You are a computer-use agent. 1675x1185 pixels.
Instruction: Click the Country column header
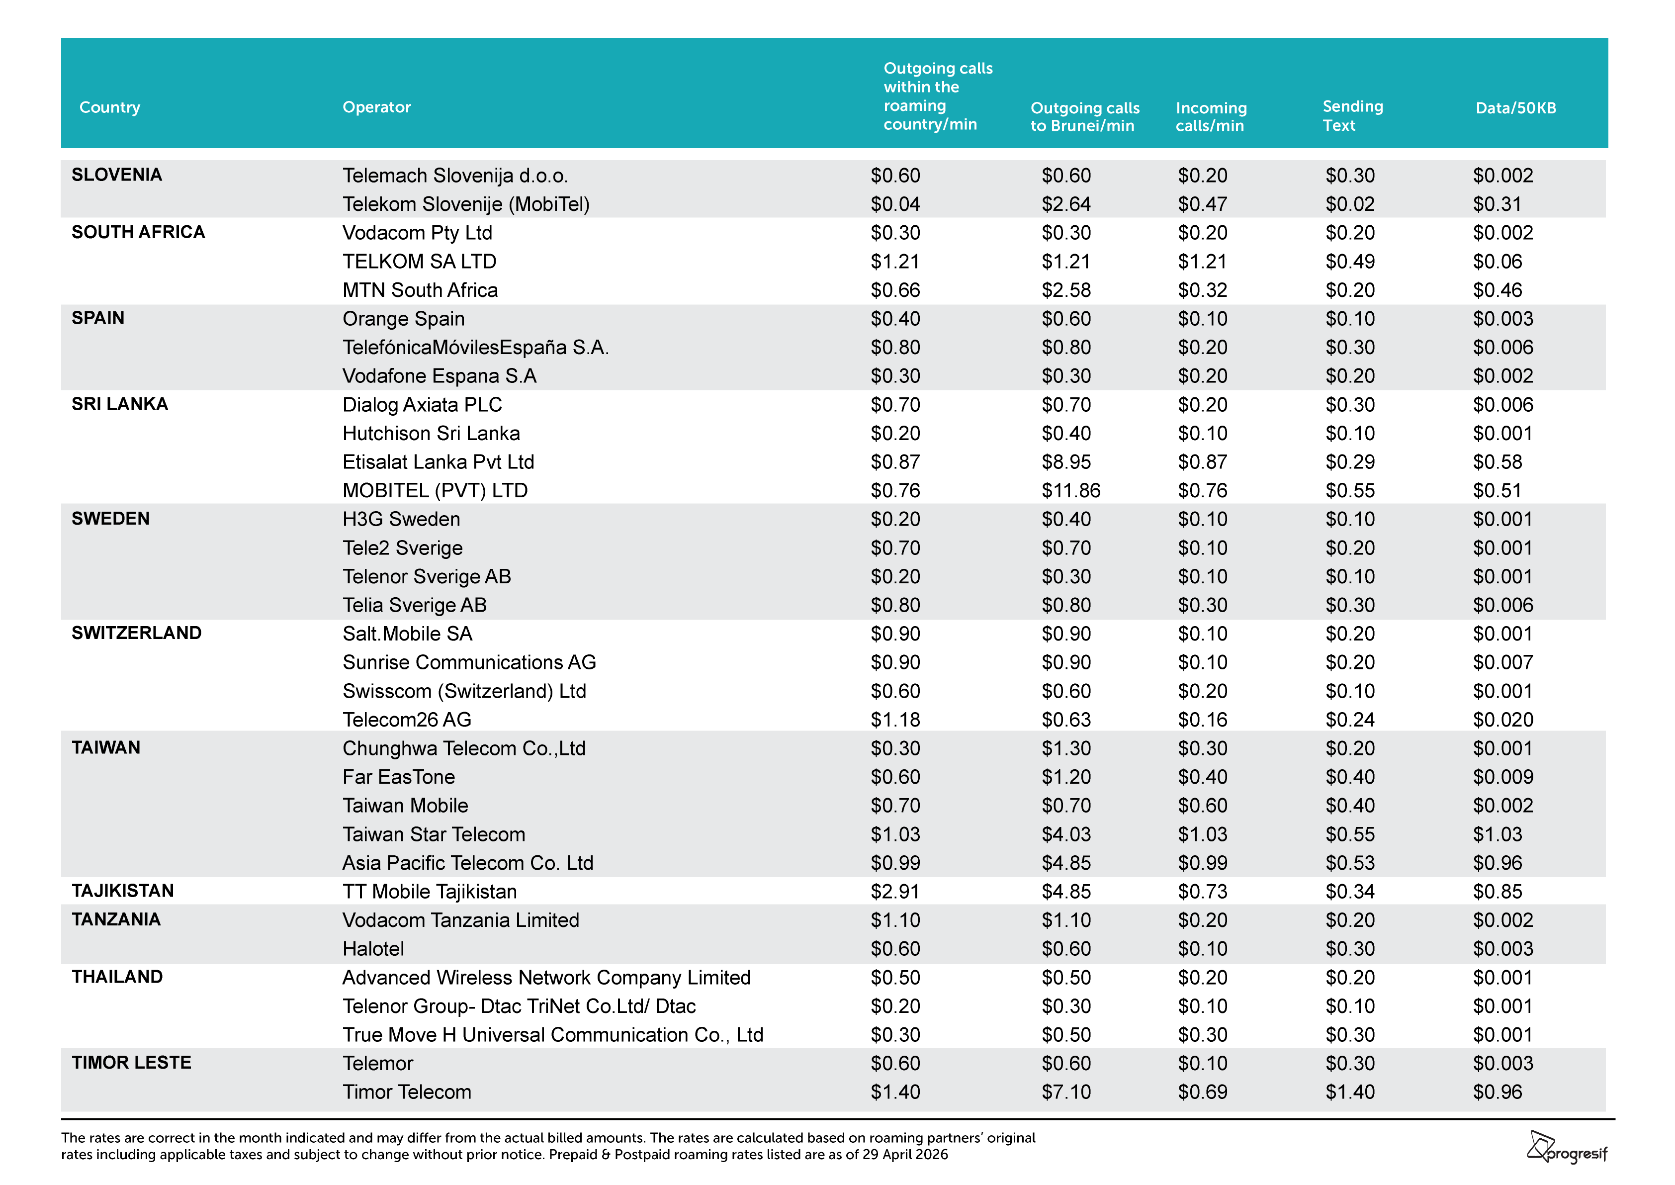(x=109, y=107)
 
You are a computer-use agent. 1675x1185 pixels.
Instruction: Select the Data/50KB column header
(x=1515, y=108)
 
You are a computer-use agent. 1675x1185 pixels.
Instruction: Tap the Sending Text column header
(x=1352, y=116)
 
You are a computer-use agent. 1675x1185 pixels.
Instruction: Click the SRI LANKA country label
(x=120, y=404)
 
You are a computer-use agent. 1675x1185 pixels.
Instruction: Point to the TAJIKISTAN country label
(x=123, y=891)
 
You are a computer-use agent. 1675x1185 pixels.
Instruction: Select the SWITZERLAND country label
(x=136, y=634)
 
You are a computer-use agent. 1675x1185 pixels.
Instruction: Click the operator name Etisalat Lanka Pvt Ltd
(x=439, y=462)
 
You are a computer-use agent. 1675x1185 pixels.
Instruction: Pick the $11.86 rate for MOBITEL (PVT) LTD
(x=1070, y=490)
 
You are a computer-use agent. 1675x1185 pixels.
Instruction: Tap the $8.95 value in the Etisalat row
(x=1066, y=462)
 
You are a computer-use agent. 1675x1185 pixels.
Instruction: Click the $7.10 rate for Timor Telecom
(x=1066, y=1093)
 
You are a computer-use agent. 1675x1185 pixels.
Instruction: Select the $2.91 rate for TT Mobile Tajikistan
(x=895, y=892)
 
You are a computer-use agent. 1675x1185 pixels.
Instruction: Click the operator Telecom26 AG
(x=407, y=720)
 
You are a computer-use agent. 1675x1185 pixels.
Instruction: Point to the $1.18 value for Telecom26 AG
(x=895, y=720)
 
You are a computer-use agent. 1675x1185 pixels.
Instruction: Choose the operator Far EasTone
(x=399, y=777)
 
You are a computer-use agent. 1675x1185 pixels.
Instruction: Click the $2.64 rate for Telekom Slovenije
(x=1066, y=204)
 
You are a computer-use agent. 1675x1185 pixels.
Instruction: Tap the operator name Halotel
(x=373, y=949)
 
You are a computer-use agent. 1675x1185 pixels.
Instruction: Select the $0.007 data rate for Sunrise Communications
(x=1503, y=662)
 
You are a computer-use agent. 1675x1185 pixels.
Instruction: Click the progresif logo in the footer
(x=1567, y=1148)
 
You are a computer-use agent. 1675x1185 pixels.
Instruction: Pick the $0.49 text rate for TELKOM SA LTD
(x=1350, y=261)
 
